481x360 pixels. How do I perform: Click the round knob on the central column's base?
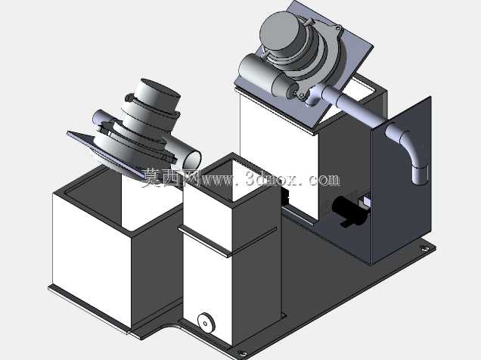tap(206, 321)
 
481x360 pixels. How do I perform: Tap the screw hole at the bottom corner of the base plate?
tap(243, 355)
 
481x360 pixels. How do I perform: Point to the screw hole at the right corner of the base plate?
tap(425, 248)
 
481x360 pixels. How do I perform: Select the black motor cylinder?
tap(349, 210)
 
